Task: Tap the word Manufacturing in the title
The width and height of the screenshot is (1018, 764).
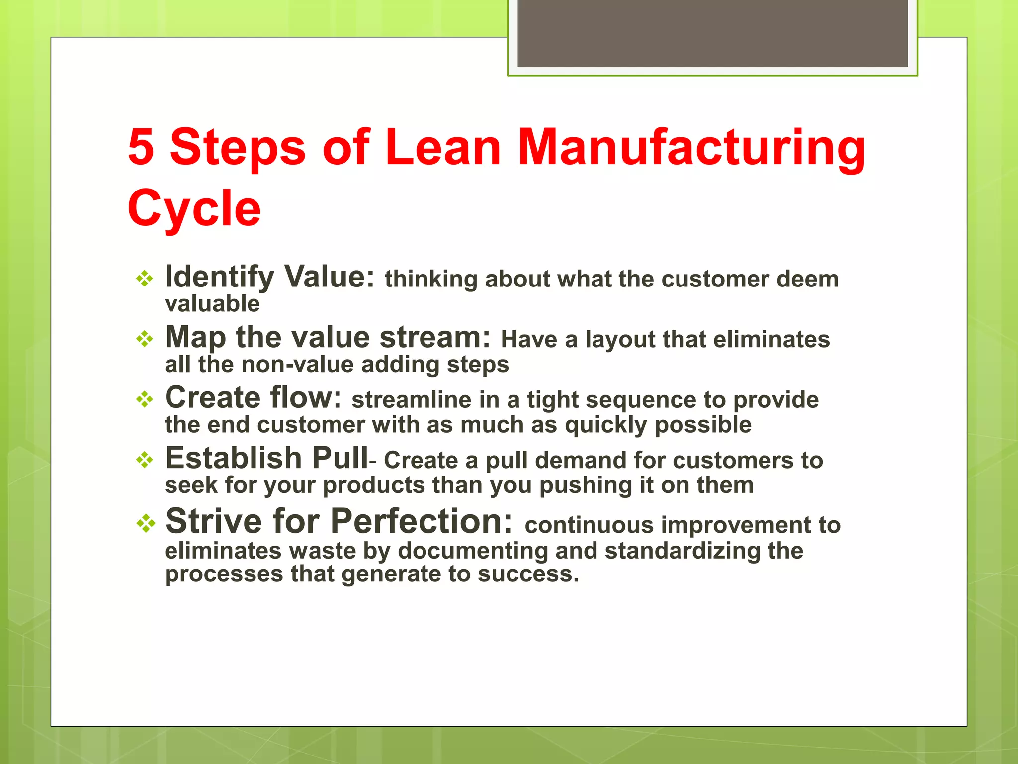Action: pyautogui.click(x=691, y=148)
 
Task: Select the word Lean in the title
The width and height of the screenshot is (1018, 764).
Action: pyautogui.click(x=442, y=147)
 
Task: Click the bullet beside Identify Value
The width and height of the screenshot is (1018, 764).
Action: pyautogui.click(x=145, y=278)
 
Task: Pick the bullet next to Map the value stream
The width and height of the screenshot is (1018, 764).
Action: pyautogui.click(x=145, y=339)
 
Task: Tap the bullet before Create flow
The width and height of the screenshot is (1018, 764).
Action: pyautogui.click(x=145, y=399)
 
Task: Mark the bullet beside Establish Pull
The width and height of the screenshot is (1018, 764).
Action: pyautogui.click(x=145, y=460)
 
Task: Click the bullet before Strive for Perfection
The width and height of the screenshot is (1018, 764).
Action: pyautogui.click(x=146, y=523)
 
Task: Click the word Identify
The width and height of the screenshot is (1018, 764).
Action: pyautogui.click(x=219, y=277)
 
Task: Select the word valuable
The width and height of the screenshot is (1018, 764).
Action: pyautogui.click(x=212, y=304)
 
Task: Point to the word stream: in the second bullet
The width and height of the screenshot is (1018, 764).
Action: pyautogui.click(x=435, y=337)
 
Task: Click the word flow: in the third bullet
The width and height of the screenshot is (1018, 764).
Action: pyautogui.click(x=306, y=398)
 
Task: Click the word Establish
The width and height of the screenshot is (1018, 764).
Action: pyautogui.click(x=233, y=458)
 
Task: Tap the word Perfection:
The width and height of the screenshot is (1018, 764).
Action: pyautogui.click(x=422, y=521)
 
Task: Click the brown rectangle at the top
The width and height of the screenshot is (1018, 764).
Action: pyautogui.click(x=712, y=33)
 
